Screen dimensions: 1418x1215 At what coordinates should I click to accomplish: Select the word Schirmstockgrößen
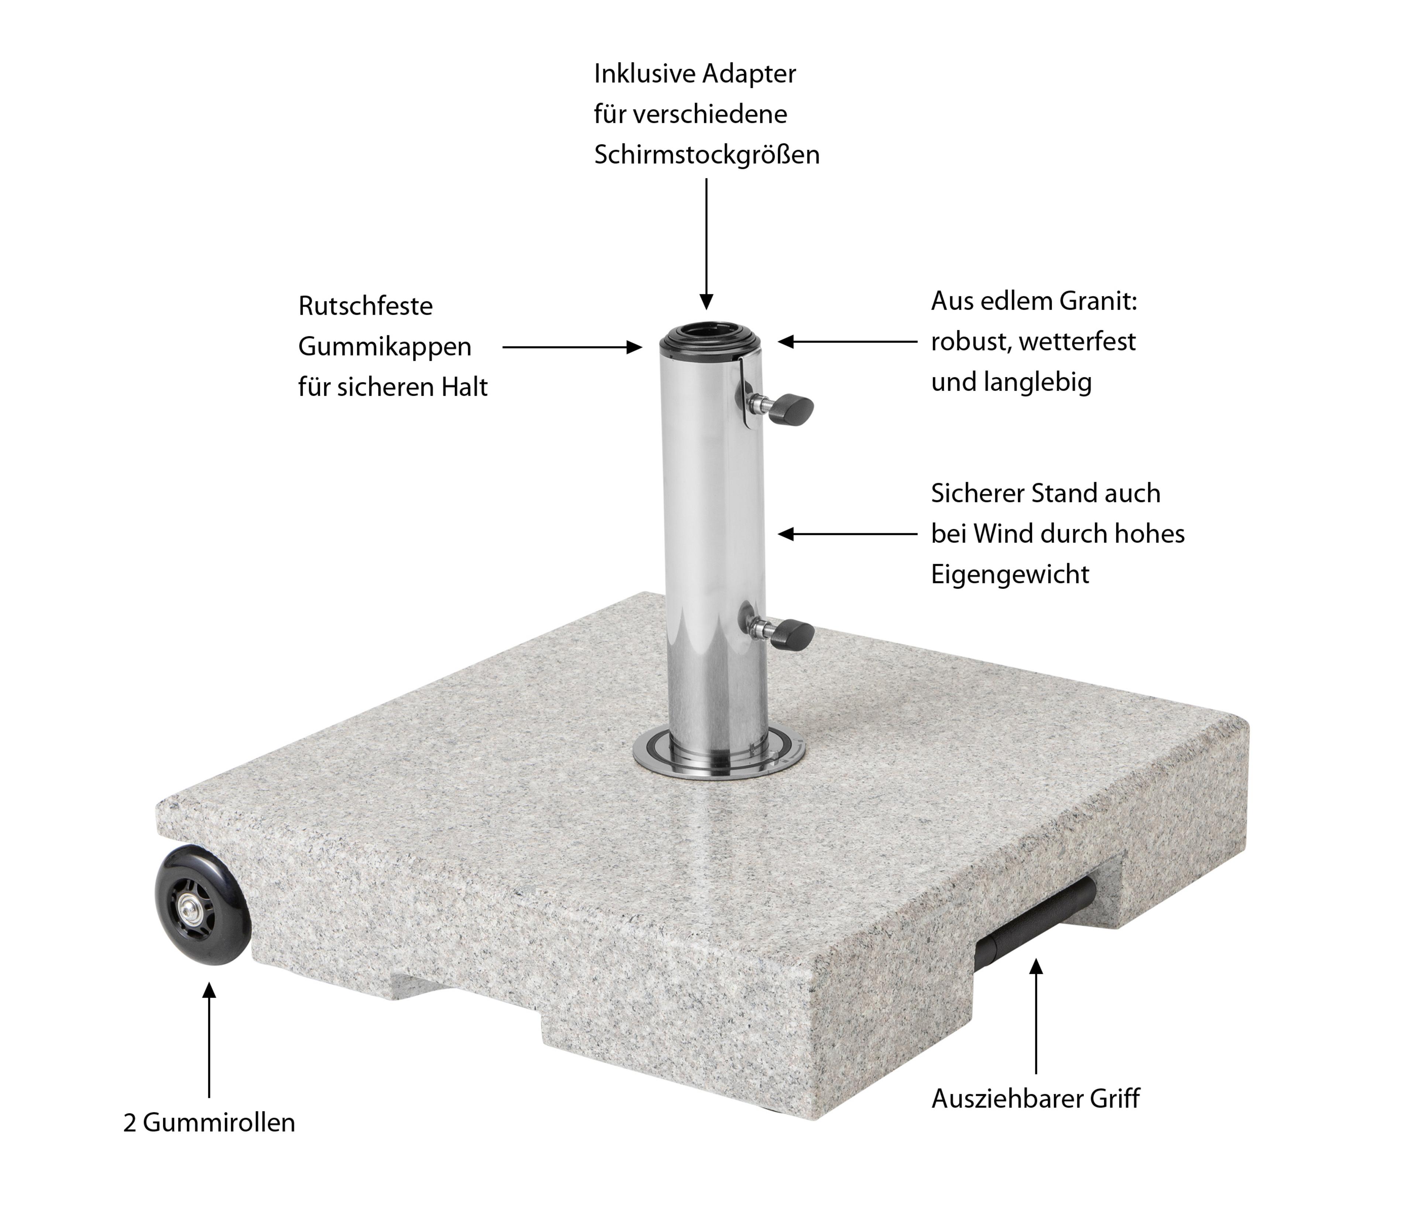706,155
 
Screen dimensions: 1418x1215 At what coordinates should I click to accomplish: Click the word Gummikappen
385,347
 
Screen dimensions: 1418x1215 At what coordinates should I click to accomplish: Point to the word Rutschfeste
366,306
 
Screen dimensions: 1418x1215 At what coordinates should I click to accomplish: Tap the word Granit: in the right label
1099,301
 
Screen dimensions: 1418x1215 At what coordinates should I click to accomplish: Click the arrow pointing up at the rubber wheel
209,1040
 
